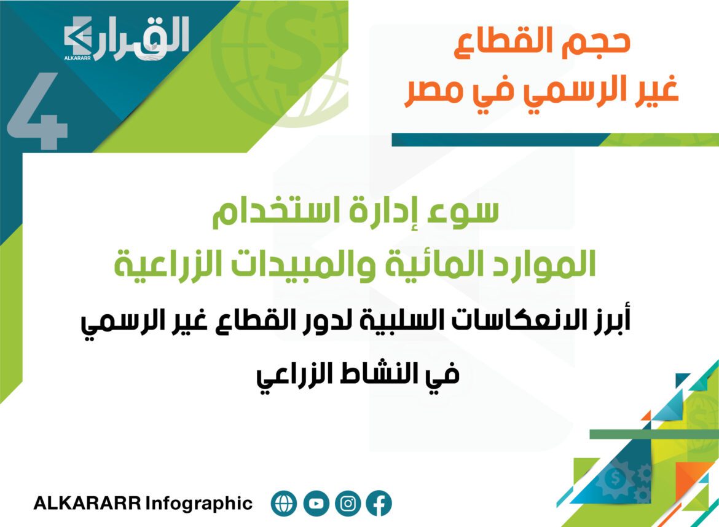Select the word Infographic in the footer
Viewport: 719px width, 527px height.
pos(199,504)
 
